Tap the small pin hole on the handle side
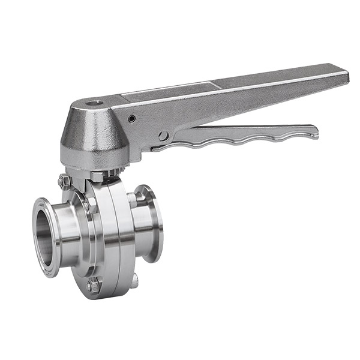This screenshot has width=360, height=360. pos(132,119)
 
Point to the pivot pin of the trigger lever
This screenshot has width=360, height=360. pos(164,136)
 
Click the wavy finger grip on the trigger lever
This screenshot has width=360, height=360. pos(240,140)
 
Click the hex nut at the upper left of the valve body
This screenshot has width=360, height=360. pos(65,181)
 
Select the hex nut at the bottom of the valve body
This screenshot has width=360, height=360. pos(93,286)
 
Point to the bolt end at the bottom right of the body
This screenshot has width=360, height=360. pos(134,280)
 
